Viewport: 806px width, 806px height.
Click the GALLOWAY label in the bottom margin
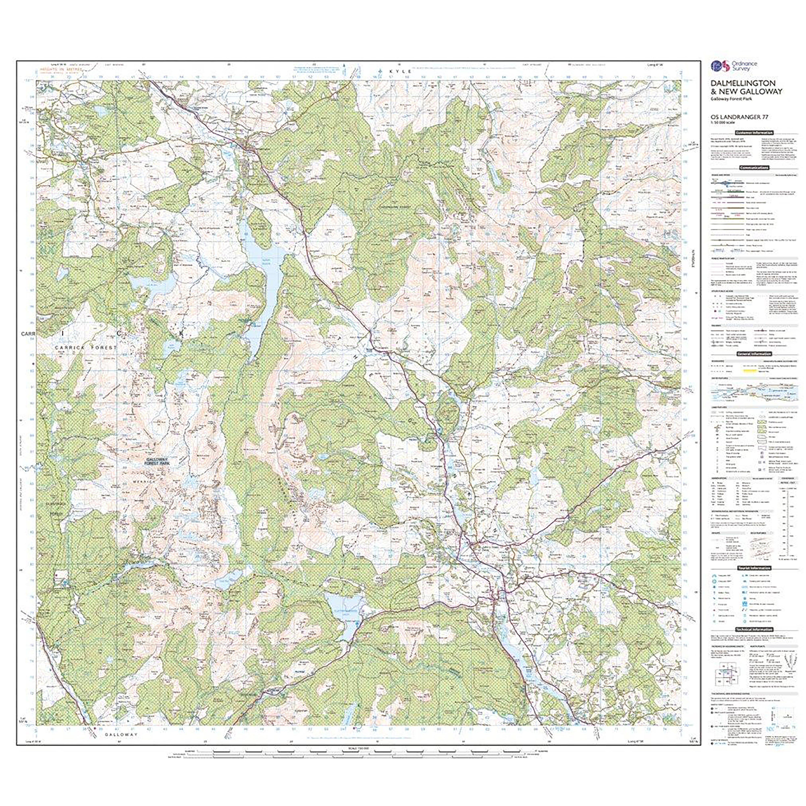(x=121, y=746)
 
